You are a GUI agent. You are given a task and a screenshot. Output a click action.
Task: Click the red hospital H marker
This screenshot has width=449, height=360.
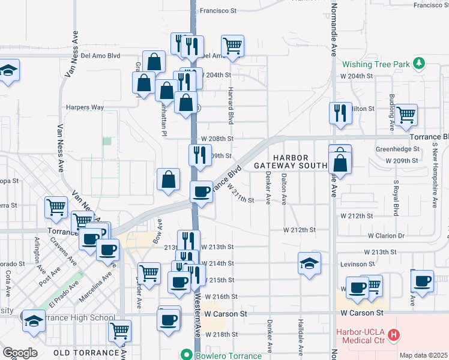point(394,335)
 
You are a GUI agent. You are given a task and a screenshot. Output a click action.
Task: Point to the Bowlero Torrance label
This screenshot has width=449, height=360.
point(228,355)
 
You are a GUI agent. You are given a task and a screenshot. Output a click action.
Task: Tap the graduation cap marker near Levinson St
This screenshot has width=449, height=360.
point(309,263)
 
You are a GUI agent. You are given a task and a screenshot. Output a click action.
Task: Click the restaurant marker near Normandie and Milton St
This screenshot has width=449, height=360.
point(340,112)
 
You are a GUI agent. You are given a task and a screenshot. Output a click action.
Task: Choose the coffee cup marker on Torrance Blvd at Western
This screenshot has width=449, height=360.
point(201,191)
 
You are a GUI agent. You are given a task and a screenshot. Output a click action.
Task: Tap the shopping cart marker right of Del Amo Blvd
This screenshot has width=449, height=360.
point(232,45)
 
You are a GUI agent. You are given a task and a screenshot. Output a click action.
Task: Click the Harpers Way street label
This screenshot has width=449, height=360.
point(85,107)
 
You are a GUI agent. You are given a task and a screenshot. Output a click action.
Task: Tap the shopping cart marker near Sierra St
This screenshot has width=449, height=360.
point(56,207)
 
